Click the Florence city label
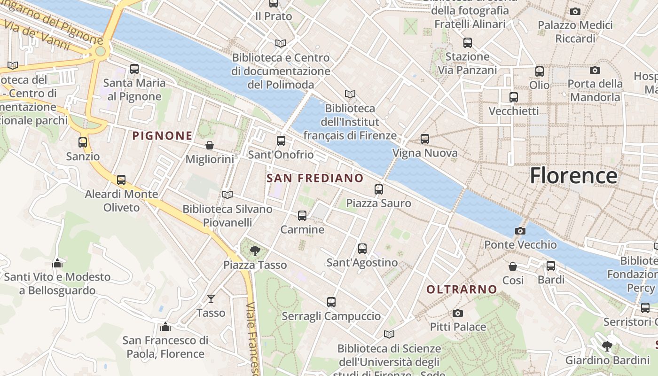[x=573, y=176]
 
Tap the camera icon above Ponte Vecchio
[x=520, y=231]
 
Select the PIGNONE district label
[x=162, y=136]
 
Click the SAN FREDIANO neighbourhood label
[x=315, y=178]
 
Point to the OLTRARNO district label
[x=462, y=290]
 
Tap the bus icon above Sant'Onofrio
[x=281, y=141]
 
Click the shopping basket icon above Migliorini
[x=210, y=145]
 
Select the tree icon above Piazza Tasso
[x=255, y=251]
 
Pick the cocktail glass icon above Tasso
[x=211, y=298]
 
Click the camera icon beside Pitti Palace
[x=458, y=313]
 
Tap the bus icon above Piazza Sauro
[x=379, y=189]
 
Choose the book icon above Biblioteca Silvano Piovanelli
[x=227, y=195]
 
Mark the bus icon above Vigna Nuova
[x=425, y=139]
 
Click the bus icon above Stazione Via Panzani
[x=468, y=43]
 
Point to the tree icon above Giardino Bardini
[x=607, y=346]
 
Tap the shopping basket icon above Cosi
[x=513, y=266]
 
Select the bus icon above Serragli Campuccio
[x=331, y=302]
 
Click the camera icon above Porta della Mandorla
[x=595, y=70]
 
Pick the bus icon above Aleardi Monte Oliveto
[x=121, y=180]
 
